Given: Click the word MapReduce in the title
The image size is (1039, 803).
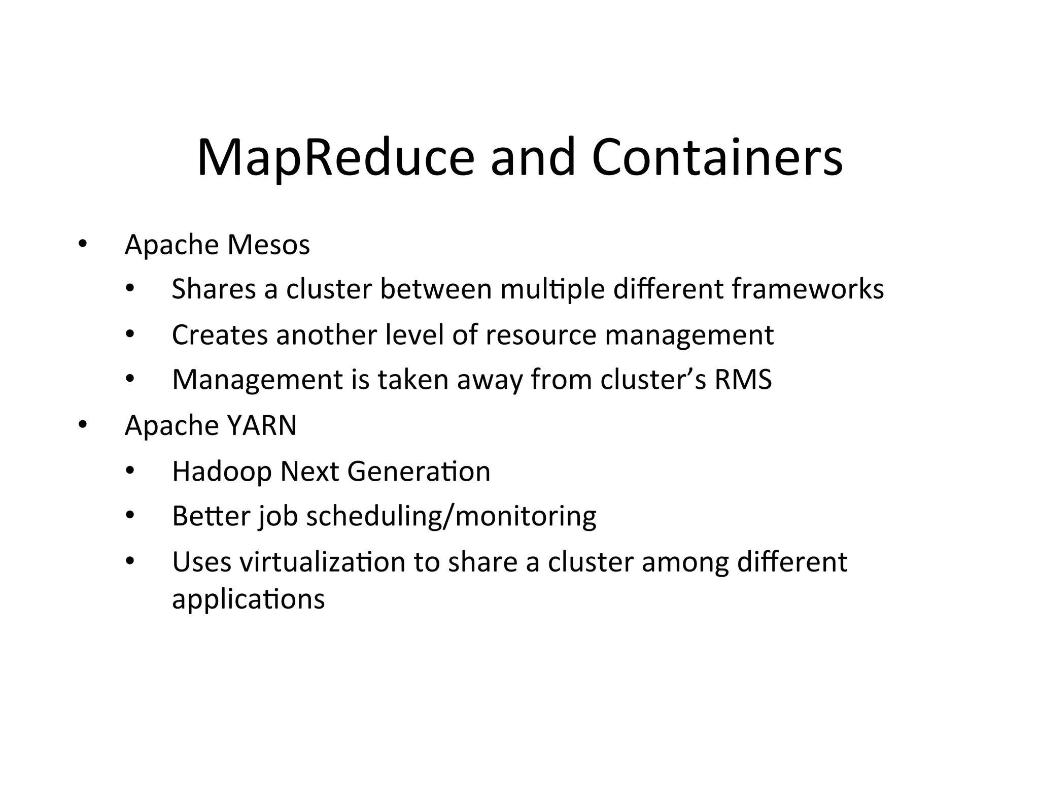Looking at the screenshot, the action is [335, 158].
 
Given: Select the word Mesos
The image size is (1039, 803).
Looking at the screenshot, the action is [268, 245].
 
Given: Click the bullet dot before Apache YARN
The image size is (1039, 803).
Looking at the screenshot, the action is [82, 424].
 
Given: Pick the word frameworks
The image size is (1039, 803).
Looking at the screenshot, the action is [808, 289].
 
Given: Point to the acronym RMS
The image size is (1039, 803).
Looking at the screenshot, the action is [743, 380].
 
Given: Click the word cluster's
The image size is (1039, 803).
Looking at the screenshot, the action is [653, 380].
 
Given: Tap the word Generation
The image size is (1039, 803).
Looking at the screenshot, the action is [419, 472].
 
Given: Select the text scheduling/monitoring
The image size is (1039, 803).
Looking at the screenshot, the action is [451, 517].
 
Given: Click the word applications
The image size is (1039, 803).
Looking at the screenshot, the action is [248, 599].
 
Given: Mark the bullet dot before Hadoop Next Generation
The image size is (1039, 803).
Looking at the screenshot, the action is [130, 472].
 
